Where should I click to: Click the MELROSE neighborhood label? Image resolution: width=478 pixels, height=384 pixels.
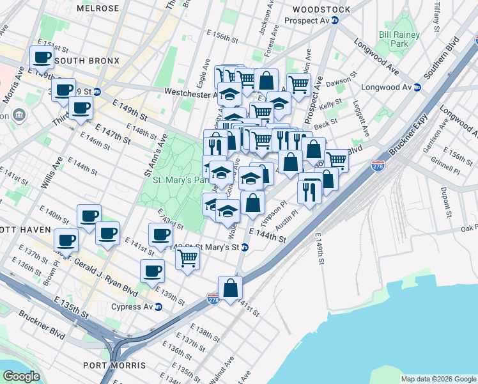[97, 8]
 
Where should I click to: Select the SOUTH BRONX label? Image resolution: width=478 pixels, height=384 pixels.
[87, 61]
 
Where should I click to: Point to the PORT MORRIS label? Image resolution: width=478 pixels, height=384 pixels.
[114, 365]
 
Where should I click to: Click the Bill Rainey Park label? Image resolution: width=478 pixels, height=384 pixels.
[394, 38]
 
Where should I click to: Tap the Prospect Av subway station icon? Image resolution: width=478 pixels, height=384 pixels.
[334, 20]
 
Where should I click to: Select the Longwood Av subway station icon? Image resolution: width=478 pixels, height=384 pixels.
[417, 88]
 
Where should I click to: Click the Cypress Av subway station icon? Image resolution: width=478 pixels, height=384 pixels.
[158, 307]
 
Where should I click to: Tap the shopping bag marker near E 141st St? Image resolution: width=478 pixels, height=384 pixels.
[231, 288]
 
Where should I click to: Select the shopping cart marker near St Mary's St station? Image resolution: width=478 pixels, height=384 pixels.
[187, 258]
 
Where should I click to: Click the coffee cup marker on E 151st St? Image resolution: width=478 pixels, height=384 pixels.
[42, 57]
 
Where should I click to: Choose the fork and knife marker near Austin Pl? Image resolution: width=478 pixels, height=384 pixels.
[309, 191]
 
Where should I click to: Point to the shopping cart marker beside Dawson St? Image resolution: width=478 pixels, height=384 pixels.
[298, 84]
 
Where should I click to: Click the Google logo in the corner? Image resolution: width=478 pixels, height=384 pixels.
[21, 376]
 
